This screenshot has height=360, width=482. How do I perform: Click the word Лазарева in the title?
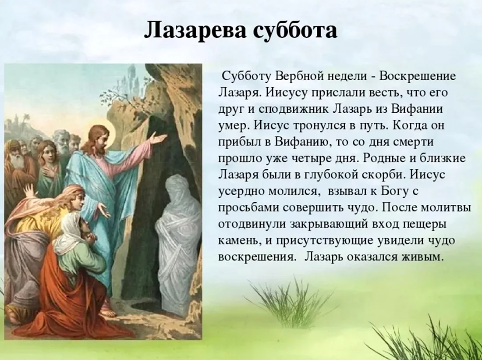click(196, 30)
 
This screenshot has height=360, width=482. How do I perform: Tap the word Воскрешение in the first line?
click(418, 76)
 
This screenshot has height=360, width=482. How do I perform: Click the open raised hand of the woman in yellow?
click(30, 191)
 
